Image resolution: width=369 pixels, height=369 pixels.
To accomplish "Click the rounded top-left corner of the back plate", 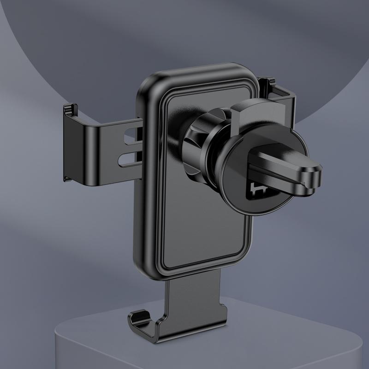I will tap(150, 83).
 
